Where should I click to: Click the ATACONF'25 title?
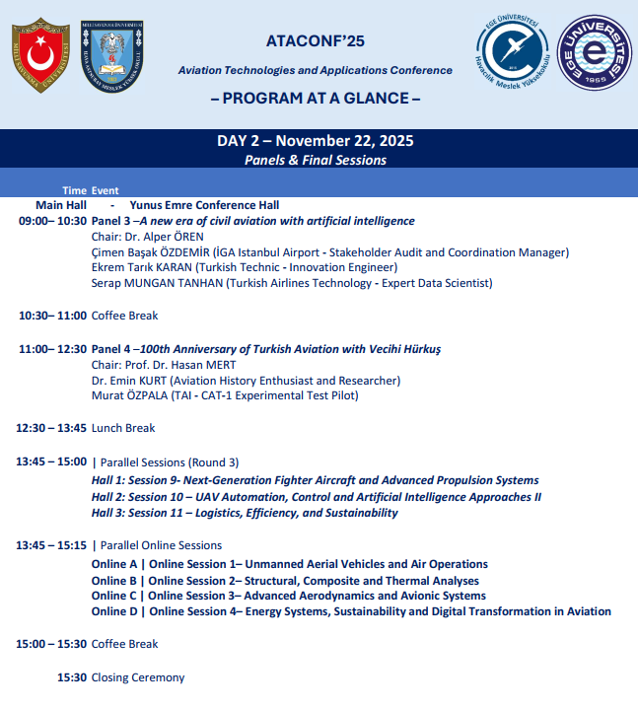pyautogui.click(x=316, y=41)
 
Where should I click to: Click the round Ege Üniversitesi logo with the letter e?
pyautogui.click(x=595, y=55)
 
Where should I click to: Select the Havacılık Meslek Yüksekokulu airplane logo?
pyautogui.click(x=513, y=55)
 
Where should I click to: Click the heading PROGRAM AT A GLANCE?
pyautogui.click(x=316, y=99)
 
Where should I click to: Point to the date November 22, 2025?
pyautogui.click(x=347, y=141)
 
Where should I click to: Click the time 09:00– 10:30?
pyautogui.click(x=52, y=221)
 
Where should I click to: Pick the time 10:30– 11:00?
pyautogui.click(x=52, y=316)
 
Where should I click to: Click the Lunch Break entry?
pyautogui.click(x=123, y=428)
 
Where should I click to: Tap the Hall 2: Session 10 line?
pyautogui.click(x=316, y=497)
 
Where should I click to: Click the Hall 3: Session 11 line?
pyautogui.click(x=245, y=513)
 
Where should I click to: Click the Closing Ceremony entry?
pyautogui.click(x=138, y=677)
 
